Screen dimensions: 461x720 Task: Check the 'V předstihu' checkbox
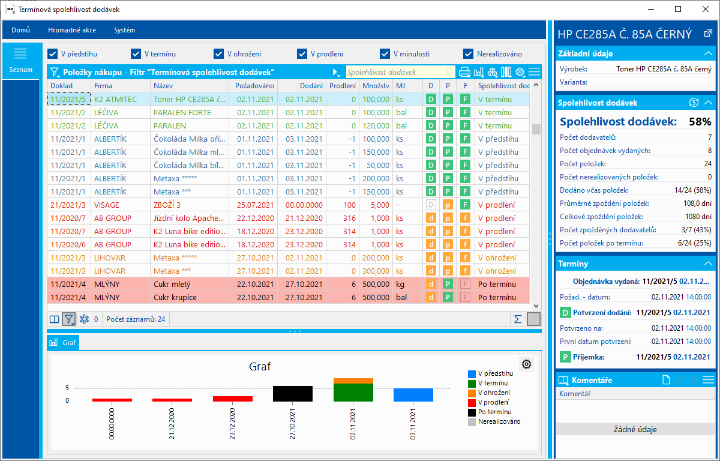[53, 53]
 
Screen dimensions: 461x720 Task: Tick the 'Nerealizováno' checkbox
[469, 53]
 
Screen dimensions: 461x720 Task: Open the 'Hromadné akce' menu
[72, 30]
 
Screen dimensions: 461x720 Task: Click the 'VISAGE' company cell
[107, 205]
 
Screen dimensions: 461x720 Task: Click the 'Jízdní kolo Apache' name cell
[189, 218]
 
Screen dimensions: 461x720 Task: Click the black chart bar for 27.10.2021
[292, 394]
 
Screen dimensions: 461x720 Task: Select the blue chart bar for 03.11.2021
[413, 395]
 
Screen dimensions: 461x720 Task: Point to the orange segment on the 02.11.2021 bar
[353, 381]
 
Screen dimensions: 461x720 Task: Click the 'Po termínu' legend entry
[494, 412]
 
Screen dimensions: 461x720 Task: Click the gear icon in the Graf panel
[527, 364]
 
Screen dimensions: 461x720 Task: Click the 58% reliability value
[700, 122]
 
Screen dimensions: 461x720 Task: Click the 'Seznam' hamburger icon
[20, 54]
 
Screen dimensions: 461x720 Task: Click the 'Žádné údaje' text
[635, 429]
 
